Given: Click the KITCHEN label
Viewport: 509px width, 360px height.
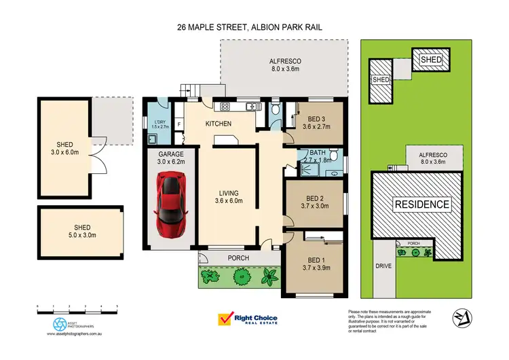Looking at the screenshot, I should [219, 124].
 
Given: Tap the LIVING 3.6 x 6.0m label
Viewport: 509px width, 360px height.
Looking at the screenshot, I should [227, 197].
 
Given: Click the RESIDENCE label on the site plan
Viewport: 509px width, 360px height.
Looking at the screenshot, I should [422, 204].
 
